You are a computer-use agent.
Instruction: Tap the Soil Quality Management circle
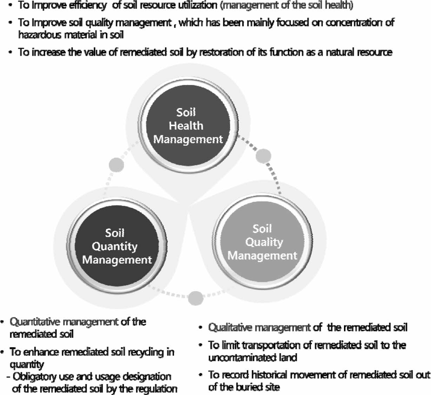263,242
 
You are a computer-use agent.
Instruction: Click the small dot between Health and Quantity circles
117,165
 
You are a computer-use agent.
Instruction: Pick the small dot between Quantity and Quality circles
196,298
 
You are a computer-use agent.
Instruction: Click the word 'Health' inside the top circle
186,126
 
